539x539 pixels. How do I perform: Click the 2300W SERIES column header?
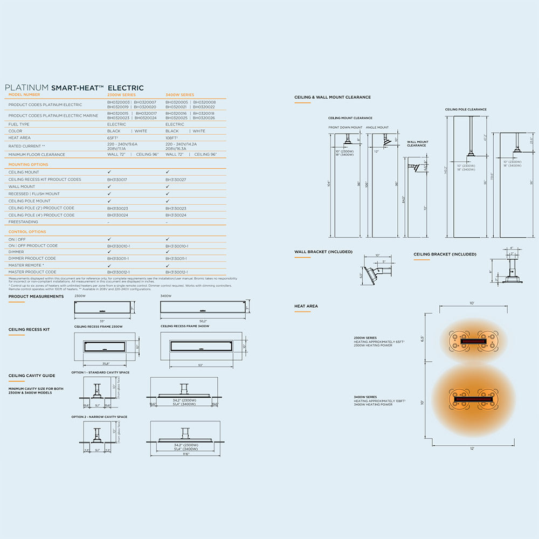point(121,95)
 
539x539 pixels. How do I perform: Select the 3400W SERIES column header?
point(179,95)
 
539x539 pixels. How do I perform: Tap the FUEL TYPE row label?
point(19,124)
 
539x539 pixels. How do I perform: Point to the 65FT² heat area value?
point(113,138)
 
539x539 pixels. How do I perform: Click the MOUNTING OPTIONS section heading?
point(28,164)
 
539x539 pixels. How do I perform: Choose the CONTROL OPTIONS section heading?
point(27,232)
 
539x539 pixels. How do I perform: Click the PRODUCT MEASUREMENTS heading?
point(36,296)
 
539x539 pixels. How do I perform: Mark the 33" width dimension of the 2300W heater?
point(102,321)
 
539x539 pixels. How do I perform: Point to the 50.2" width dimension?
point(204,321)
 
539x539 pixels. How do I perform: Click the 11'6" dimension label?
point(185,454)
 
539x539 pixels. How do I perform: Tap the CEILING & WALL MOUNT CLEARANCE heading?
point(333,98)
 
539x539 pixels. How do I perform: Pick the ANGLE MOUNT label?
point(377,128)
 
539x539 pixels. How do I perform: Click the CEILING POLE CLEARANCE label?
point(466,109)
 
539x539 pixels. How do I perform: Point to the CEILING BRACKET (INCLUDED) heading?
point(445,254)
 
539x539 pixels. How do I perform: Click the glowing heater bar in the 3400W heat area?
point(473,399)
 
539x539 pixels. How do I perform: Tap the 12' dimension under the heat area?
point(472,449)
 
